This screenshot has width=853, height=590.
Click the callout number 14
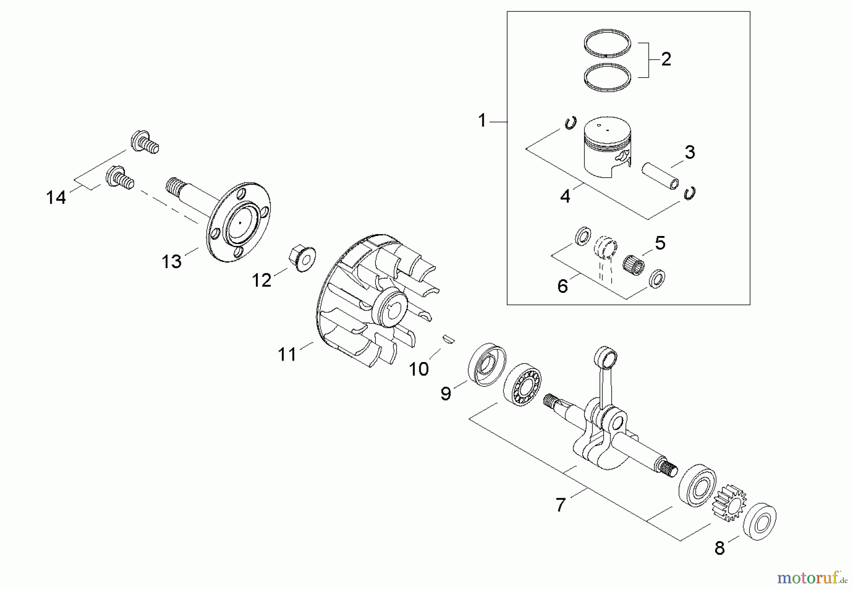coord(56,197)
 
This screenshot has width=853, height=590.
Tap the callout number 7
coord(561,505)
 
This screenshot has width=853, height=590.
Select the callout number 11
coord(287,354)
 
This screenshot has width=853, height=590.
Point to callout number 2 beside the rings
coord(666,59)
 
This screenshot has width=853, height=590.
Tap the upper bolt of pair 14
coord(144,142)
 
